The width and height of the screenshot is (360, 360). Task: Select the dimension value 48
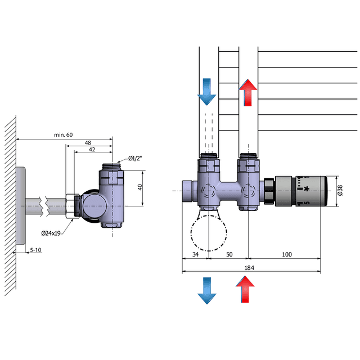coord(88,143)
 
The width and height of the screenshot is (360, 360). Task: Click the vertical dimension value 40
coord(140,187)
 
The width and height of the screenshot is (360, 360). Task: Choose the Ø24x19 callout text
coord(51,233)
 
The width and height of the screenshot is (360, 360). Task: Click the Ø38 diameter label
coord(339,191)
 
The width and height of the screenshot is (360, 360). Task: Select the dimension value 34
coord(196,255)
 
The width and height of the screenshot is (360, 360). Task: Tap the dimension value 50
coord(229,255)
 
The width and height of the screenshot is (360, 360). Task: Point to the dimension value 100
coord(287,255)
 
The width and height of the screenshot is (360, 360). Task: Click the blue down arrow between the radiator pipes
coord(206,92)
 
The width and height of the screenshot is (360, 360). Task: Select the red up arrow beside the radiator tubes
coord(248,92)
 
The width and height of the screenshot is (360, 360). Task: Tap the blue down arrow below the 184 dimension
coord(206,291)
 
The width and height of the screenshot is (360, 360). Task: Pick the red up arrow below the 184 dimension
coord(245,291)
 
